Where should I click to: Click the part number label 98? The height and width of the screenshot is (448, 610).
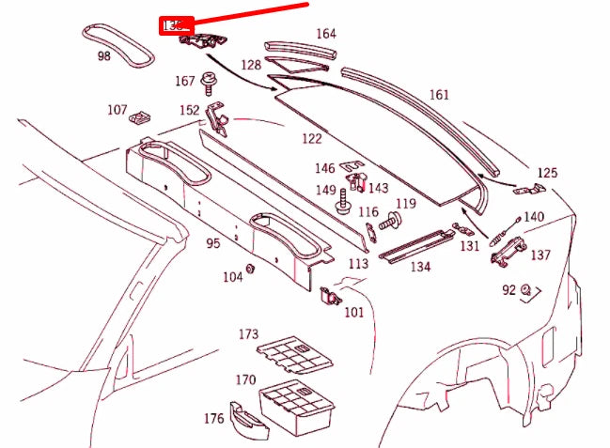pos(103,56)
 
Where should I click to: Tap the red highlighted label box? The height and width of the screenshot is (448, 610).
pos(175,26)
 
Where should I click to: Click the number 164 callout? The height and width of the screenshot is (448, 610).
pos(325,34)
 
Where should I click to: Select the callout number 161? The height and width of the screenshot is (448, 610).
pos(439,95)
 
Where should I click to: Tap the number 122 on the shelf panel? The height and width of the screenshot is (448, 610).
pos(311,138)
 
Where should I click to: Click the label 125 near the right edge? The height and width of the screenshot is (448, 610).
pos(547,173)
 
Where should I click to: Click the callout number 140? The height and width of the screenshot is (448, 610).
pos(534,217)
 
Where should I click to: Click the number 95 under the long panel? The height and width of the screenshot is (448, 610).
pos(213,244)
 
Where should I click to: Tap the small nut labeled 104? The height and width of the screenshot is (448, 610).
pos(251,270)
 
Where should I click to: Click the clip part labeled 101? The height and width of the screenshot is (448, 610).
pos(330,297)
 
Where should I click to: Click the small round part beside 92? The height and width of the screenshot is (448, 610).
pos(526,288)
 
